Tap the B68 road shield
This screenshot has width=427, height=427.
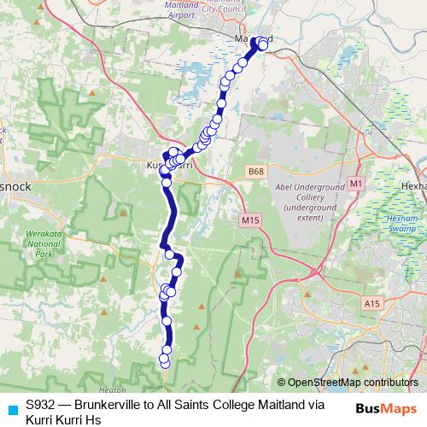coord(254,172)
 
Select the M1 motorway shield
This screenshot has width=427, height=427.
coord(356,183)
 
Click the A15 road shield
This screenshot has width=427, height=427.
coord(371,303)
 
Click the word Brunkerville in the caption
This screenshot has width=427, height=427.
coord(107,405)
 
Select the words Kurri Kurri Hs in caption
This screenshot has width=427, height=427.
coord(63,419)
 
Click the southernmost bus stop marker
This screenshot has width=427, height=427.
coord(165,364)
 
